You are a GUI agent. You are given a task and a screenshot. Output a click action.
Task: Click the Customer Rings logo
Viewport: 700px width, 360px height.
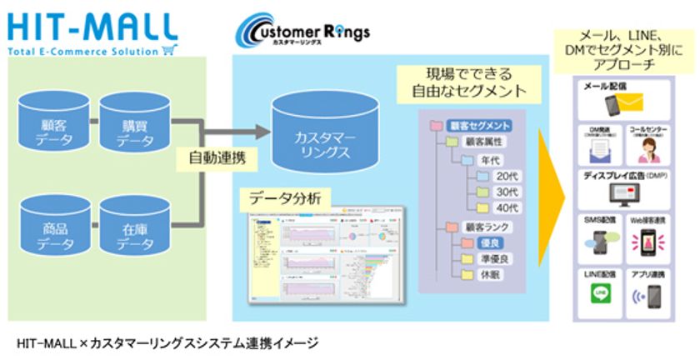click(302, 32)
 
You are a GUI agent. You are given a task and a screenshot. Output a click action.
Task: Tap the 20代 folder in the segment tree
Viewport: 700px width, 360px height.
click(497, 176)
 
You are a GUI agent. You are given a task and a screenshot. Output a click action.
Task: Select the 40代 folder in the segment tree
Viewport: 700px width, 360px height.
click(497, 207)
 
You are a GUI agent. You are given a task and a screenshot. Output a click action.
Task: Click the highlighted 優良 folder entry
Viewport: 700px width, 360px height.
click(486, 242)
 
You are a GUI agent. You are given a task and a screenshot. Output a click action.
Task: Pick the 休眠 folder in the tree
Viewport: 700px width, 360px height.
click(486, 274)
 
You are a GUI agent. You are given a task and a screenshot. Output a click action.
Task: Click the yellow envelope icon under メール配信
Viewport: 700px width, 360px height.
click(630, 103)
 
